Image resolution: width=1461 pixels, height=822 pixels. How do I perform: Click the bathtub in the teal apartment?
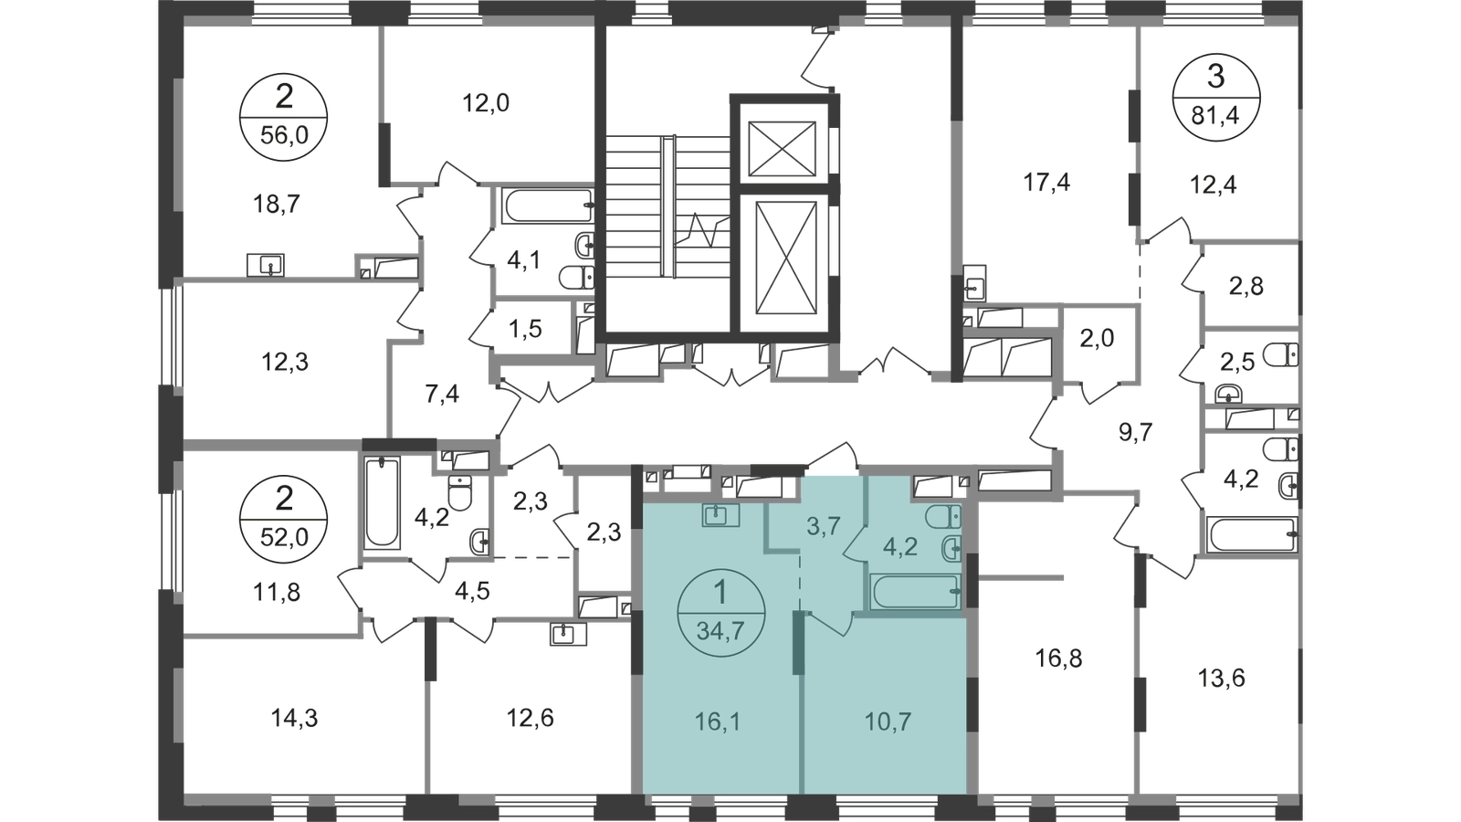click(916, 591)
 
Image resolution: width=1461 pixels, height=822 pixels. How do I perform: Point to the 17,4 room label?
click(1046, 184)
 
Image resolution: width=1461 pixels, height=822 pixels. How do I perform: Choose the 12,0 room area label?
click(485, 103)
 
